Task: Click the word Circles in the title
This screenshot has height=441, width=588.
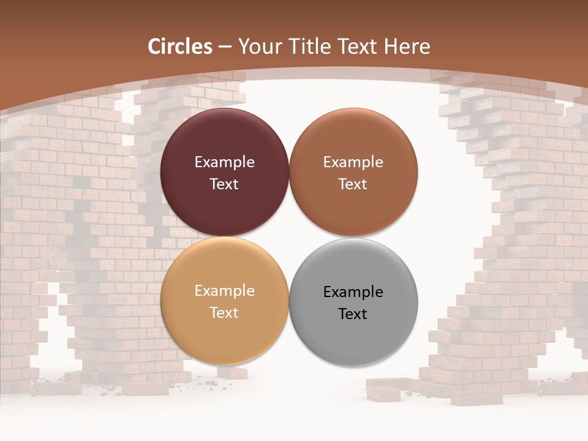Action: [x=180, y=47]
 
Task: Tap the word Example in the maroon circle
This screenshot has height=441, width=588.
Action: [x=224, y=162]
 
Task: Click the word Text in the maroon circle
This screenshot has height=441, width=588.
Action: [x=224, y=184]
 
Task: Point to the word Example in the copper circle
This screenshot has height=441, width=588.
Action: [x=353, y=162]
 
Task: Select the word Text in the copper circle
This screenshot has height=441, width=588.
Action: [x=353, y=184]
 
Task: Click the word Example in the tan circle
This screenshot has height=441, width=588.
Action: [x=224, y=291]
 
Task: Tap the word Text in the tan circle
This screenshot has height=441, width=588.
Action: [x=224, y=313]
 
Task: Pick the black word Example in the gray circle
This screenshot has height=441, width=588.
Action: [x=353, y=292]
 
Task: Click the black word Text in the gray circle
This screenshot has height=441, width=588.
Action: [x=353, y=314]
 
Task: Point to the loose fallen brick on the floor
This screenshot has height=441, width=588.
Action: [x=387, y=390]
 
